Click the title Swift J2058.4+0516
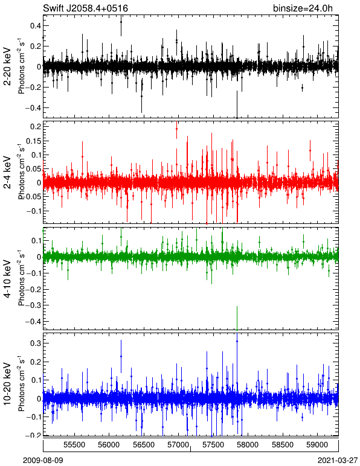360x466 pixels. point(85,8)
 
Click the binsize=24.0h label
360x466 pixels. point(303,8)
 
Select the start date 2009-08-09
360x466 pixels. point(43,461)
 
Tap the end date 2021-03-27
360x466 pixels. point(338,461)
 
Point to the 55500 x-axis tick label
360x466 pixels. point(74,445)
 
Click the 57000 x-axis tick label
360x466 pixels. point(178,445)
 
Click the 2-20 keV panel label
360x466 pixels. point(7,66)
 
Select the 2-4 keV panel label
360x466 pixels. point(7,173)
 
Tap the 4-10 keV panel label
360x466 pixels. point(7,279)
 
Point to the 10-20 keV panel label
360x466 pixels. point(7,384)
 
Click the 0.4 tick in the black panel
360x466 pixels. point(36,26)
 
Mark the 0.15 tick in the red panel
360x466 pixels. point(34,141)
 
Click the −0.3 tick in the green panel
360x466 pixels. point(33,305)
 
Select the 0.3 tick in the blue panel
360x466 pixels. point(36,343)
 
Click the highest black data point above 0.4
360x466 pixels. point(121,22)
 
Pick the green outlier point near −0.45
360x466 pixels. point(237,330)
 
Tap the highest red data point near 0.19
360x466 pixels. point(176,129)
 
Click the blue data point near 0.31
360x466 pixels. point(237,342)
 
